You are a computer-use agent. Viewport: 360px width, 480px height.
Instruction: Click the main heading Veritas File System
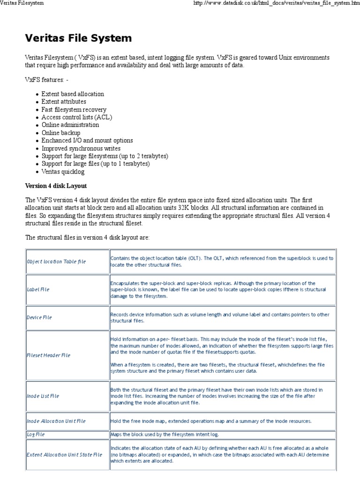(x=78, y=38)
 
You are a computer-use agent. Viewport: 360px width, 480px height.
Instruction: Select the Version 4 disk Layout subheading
(x=56, y=186)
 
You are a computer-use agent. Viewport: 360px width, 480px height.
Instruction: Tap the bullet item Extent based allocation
(x=73, y=94)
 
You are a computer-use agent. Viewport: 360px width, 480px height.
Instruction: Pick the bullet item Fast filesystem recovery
(x=74, y=109)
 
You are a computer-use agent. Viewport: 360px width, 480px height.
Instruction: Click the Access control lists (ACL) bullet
(x=76, y=117)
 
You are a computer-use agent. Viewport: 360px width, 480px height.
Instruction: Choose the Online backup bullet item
(x=60, y=133)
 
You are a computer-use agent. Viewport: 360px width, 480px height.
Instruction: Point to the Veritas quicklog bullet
(x=63, y=172)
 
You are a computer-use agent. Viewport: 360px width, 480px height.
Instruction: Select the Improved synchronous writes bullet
(x=81, y=148)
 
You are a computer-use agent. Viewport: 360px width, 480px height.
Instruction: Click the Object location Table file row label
(x=56, y=262)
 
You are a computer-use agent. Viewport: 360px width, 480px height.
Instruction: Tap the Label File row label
(x=38, y=290)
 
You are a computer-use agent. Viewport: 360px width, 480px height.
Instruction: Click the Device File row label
(x=39, y=317)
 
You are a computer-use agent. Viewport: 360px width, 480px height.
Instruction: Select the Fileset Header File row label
(x=49, y=355)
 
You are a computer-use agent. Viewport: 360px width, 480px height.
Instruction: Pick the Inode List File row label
(x=43, y=396)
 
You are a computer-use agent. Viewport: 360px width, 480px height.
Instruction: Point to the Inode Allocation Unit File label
(x=56, y=421)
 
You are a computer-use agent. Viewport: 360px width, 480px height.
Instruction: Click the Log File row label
(x=36, y=435)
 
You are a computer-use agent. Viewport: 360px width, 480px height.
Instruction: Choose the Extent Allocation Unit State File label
(x=64, y=455)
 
